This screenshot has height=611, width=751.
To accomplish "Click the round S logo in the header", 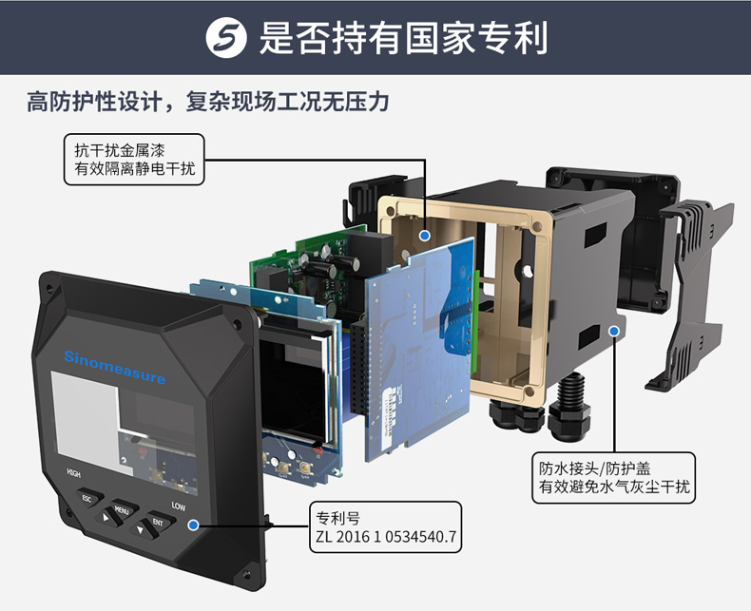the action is [x=226, y=37].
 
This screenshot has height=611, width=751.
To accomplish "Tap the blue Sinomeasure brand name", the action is [x=114, y=367].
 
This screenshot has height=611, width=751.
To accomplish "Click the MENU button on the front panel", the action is [x=123, y=509].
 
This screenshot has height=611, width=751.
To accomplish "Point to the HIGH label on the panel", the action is [x=73, y=473].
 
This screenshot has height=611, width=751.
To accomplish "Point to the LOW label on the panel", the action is [x=178, y=506].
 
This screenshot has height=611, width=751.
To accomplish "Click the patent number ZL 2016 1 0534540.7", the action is [x=386, y=536].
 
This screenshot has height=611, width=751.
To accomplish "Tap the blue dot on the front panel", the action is [x=194, y=525].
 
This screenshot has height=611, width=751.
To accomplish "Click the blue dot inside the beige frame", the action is [x=424, y=235].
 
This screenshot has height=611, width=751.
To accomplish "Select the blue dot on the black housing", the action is [x=614, y=331].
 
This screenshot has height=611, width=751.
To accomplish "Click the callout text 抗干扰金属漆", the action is [x=119, y=150].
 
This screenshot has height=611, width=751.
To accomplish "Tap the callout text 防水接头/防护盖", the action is [x=595, y=468].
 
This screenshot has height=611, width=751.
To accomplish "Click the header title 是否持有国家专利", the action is [x=403, y=38].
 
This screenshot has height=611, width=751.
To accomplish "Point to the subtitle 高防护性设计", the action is [x=95, y=101].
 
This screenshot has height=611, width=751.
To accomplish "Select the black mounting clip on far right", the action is [x=690, y=293].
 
